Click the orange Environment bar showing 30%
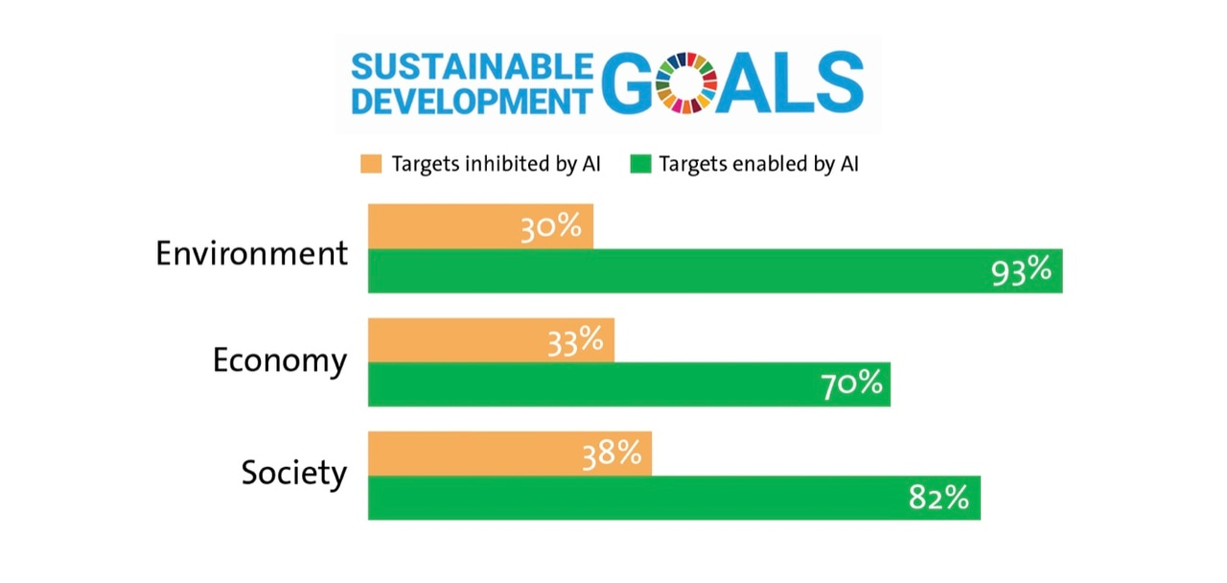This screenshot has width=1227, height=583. coord(441,226)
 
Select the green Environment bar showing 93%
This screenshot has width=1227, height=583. coord(671,271)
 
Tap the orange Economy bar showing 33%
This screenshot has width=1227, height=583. coord(451,340)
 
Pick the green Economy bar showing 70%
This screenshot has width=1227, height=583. coord(594,385)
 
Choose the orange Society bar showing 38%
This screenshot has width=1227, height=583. coord(470,454)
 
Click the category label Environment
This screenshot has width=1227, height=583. coord(252,253)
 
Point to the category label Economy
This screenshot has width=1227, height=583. coord(280,362)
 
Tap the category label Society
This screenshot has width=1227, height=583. coord(293,474)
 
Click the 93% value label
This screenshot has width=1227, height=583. coord(1021,271)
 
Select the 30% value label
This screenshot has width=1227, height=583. coord(551,227)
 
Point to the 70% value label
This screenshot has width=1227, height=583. coord(850,385)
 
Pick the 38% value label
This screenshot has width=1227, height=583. coord(611,454)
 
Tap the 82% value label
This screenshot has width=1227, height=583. coord(938,498)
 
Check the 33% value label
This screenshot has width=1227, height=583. coord(574,340)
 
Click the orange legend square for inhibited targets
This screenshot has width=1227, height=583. coord(371,163)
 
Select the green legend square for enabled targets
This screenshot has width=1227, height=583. coord(640,163)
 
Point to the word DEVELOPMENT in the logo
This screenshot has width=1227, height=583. coord(472,101)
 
